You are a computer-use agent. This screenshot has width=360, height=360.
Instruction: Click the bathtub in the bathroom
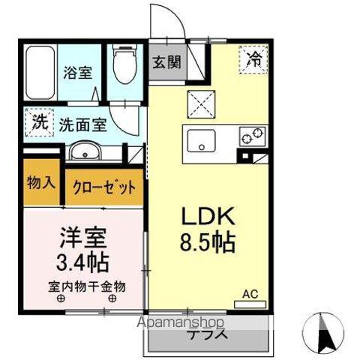(40, 75)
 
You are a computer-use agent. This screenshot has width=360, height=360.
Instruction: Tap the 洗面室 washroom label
(83, 124)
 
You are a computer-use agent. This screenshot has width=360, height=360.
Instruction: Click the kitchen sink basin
(202, 140)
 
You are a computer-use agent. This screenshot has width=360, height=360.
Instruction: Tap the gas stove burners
(252, 136)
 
